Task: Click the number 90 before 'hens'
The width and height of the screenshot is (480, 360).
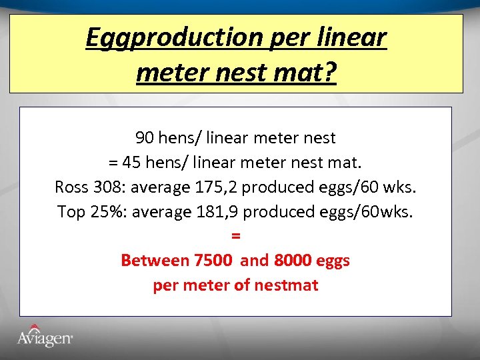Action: (144, 138)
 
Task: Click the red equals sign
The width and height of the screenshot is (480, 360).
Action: (235, 236)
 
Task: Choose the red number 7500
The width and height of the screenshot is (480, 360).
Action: (213, 261)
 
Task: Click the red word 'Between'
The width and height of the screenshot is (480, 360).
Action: (155, 261)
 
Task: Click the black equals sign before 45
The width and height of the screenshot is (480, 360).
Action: (112, 163)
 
